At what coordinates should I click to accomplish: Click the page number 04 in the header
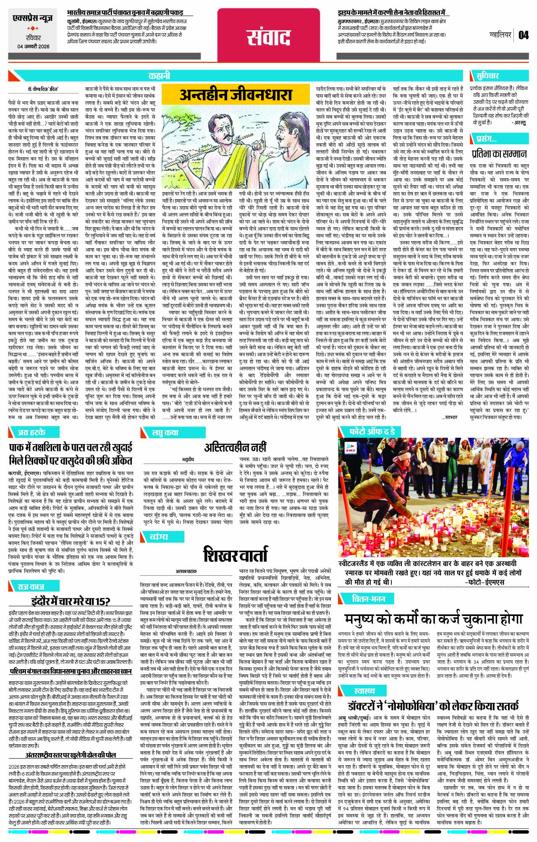(x=523, y=35)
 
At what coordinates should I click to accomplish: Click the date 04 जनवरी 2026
(x=33, y=58)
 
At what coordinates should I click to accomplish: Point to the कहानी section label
(x=159, y=76)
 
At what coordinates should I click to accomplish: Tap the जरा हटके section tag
(x=31, y=432)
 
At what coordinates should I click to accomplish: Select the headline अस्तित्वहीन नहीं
(x=235, y=447)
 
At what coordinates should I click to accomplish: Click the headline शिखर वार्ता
(x=235, y=554)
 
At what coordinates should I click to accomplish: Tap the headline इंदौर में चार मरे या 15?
(x=71, y=601)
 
